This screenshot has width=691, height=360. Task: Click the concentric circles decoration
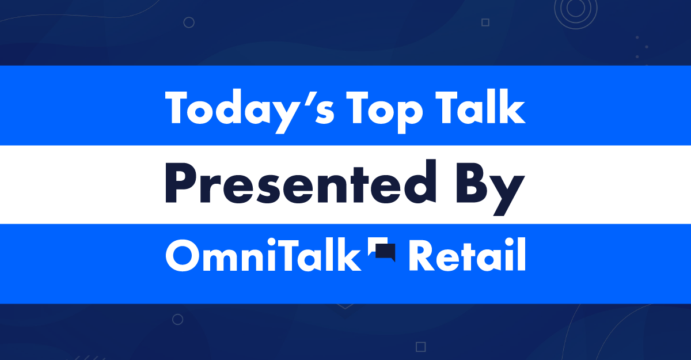572,9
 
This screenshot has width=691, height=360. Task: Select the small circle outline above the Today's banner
188,22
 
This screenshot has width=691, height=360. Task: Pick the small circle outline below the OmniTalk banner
178,319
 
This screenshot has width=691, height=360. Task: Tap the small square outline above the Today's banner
485,22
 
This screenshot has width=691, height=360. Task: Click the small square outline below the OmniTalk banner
420,346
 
